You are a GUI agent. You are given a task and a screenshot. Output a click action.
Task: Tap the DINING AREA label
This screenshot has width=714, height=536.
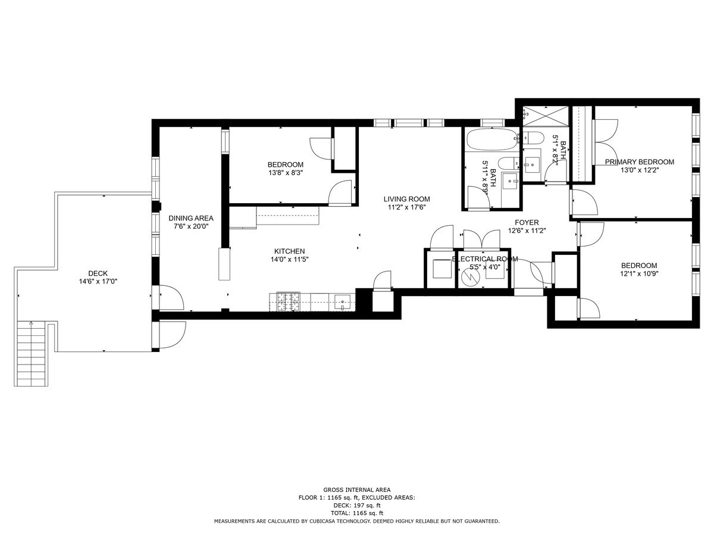[x=190, y=218]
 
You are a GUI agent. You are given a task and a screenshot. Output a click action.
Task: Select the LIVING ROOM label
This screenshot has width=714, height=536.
[x=406, y=199]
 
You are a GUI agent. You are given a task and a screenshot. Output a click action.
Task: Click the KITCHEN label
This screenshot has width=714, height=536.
[x=289, y=251]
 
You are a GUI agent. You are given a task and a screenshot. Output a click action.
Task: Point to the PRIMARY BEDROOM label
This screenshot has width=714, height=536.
[x=640, y=162]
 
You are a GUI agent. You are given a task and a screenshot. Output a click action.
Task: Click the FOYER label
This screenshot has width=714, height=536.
[x=527, y=223]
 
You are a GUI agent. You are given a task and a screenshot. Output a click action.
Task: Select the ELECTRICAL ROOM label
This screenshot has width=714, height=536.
[x=485, y=259]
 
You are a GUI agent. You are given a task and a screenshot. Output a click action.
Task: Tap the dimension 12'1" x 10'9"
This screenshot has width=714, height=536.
[x=639, y=274]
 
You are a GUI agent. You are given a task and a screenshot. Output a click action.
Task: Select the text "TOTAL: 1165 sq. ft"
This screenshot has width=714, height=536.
[x=357, y=513]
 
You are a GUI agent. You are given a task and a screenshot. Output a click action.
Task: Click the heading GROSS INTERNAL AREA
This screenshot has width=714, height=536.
[x=357, y=490]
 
